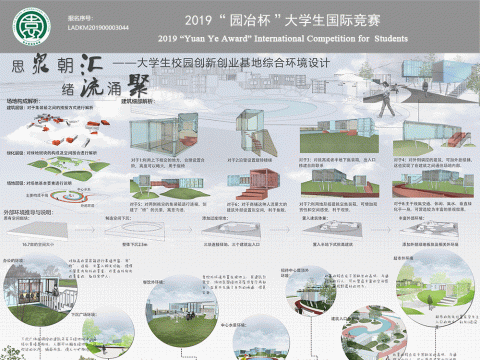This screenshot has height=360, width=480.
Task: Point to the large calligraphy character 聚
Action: pyautogui.click(x=130, y=83)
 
